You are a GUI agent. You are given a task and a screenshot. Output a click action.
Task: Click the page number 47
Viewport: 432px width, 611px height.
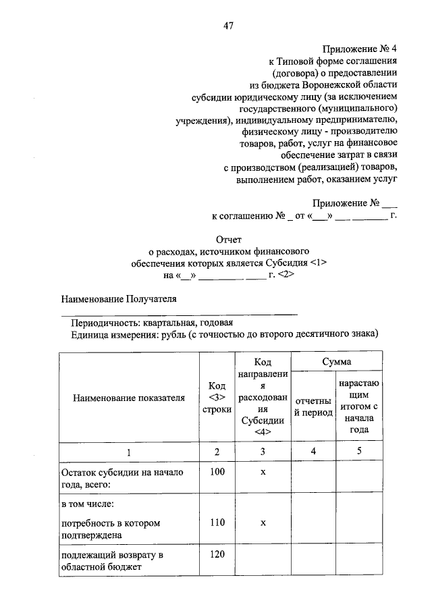click(x=228, y=26)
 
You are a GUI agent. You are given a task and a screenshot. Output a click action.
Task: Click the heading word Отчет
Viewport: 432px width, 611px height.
click(x=228, y=238)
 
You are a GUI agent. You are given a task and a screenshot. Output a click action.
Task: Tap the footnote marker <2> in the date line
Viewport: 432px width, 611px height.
click(x=285, y=275)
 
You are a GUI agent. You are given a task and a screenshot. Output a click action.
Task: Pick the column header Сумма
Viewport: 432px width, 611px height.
click(x=335, y=363)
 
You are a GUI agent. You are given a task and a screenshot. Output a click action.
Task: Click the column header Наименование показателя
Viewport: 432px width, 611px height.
click(x=128, y=398)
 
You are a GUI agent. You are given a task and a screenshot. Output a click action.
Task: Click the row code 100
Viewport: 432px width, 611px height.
click(x=217, y=472)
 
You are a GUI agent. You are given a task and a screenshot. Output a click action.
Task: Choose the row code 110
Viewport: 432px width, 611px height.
click(x=217, y=523)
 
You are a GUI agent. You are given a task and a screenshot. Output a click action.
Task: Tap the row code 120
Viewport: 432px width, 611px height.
click(x=217, y=555)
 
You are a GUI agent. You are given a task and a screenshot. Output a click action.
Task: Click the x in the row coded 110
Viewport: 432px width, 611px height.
click(x=263, y=523)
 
